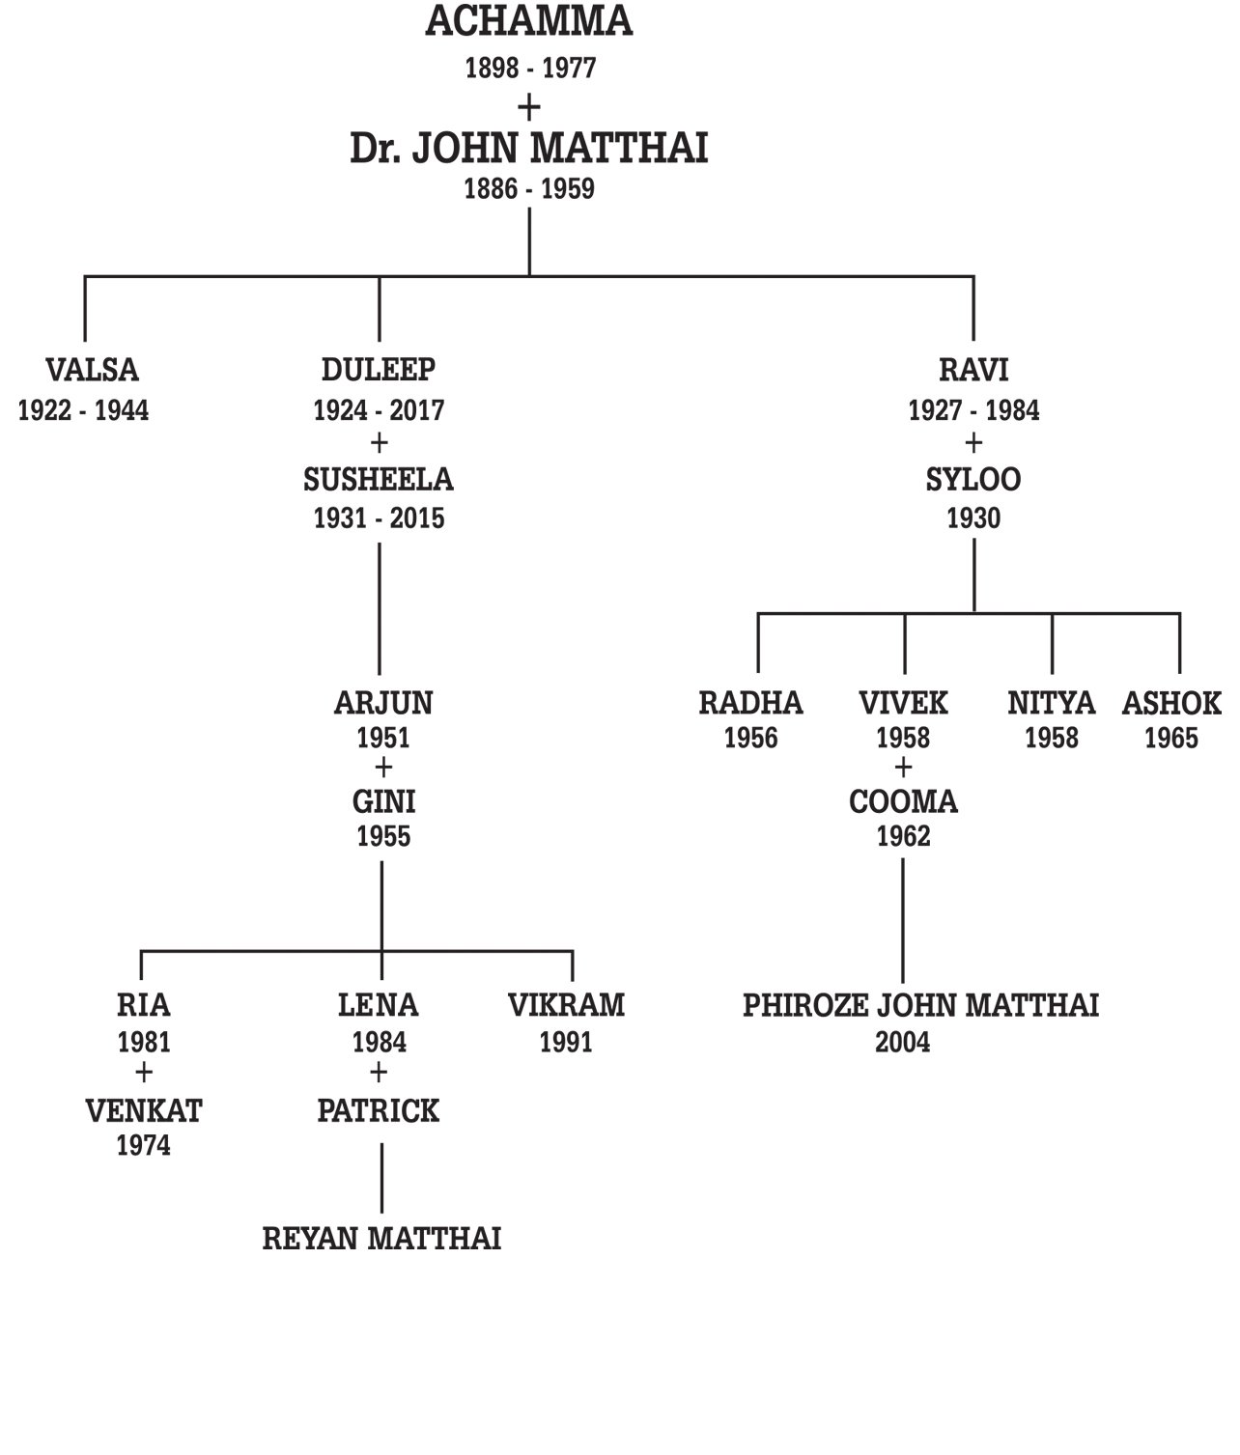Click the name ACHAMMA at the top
click(528, 21)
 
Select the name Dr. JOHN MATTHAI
click(528, 149)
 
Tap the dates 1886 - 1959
click(528, 189)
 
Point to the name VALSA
click(92, 370)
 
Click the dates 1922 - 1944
click(83, 410)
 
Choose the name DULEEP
click(379, 370)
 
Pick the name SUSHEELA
click(379, 480)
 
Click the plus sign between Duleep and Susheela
click(379, 444)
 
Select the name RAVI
click(973, 370)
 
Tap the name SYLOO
click(973, 480)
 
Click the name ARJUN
click(383, 703)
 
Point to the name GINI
click(383, 801)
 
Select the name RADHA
click(750, 703)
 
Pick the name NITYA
click(1051, 703)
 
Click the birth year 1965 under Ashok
click(1170, 739)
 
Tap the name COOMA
click(903, 801)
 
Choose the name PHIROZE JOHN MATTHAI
click(920, 1006)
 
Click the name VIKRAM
click(566, 1006)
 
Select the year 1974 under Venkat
click(143, 1146)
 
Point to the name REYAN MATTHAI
click(381, 1240)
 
